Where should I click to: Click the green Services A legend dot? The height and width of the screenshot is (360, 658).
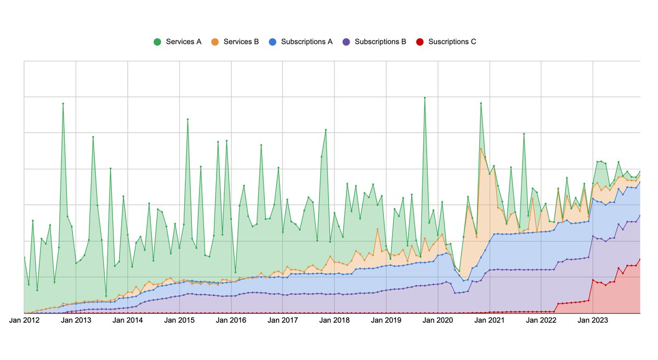(157, 42)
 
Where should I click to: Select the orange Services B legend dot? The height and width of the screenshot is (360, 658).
(215, 42)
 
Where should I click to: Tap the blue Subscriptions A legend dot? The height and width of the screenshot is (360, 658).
(273, 42)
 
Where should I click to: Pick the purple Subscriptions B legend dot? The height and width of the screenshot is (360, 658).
(346, 42)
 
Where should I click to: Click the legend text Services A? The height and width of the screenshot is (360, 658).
(183, 42)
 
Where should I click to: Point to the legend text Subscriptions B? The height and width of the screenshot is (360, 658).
(380, 42)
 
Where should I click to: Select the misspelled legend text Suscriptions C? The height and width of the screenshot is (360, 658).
(452, 42)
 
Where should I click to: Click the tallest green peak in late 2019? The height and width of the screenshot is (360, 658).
(424, 98)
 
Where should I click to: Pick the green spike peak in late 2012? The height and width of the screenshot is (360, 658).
(63, 104)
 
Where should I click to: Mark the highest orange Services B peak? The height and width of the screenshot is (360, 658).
(481, 148)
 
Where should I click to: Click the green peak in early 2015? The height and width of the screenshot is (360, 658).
(188, 119)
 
